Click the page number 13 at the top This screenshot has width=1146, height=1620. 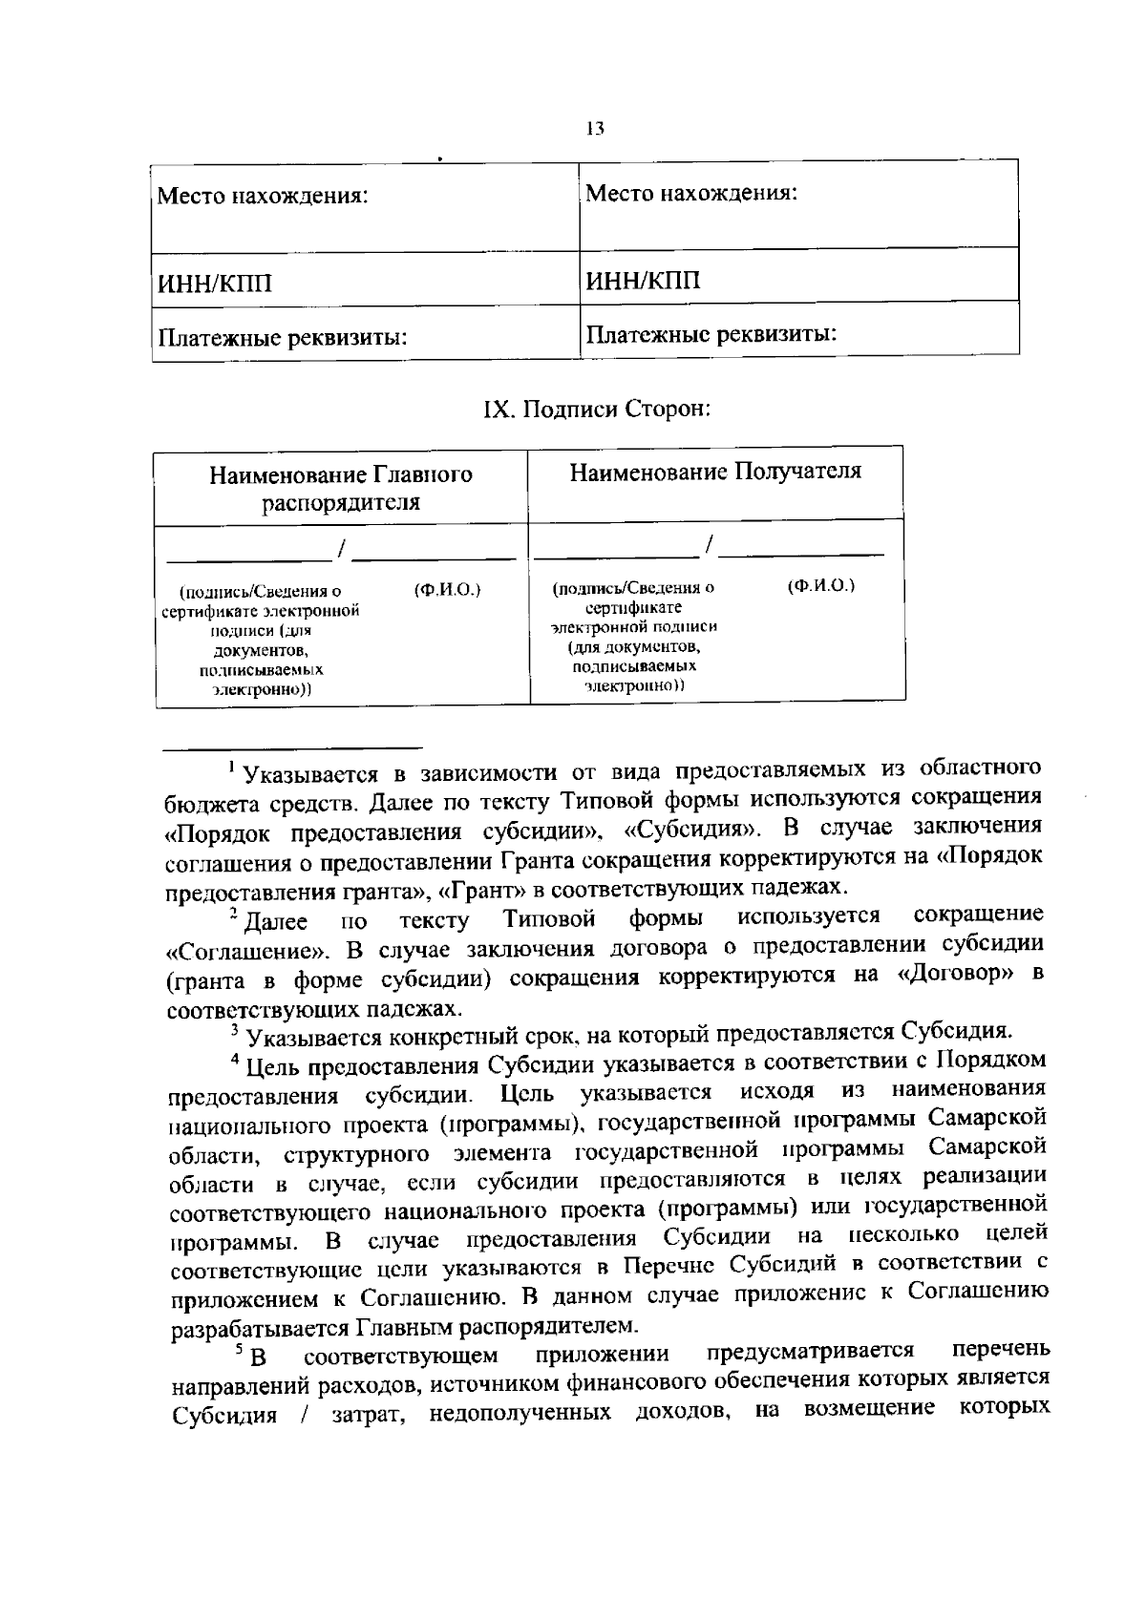pyautogui.click(x=595, y=130)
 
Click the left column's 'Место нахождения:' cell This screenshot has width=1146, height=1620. pyautogui.click(x=263, y=198)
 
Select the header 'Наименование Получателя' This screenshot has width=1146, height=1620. pyautogui.click(x=715, y=472)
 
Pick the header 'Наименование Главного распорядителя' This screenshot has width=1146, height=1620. pyautogui.click(x=341, y=488)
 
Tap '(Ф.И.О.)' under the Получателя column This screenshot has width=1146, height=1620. pyautogui.click(x=821, y=585)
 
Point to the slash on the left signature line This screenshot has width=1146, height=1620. pyautogui.click(x=341, y=546)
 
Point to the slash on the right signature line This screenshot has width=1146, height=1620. pyautogui.click(x=709, y=543)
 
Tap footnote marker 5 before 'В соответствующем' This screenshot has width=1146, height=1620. pyautogui.click(x=238, y=1348)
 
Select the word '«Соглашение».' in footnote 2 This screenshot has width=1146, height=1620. pyautogui.click(x=247, y=952)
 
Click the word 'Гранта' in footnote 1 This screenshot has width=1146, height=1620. pyautogui.click(x=535, y=859)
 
